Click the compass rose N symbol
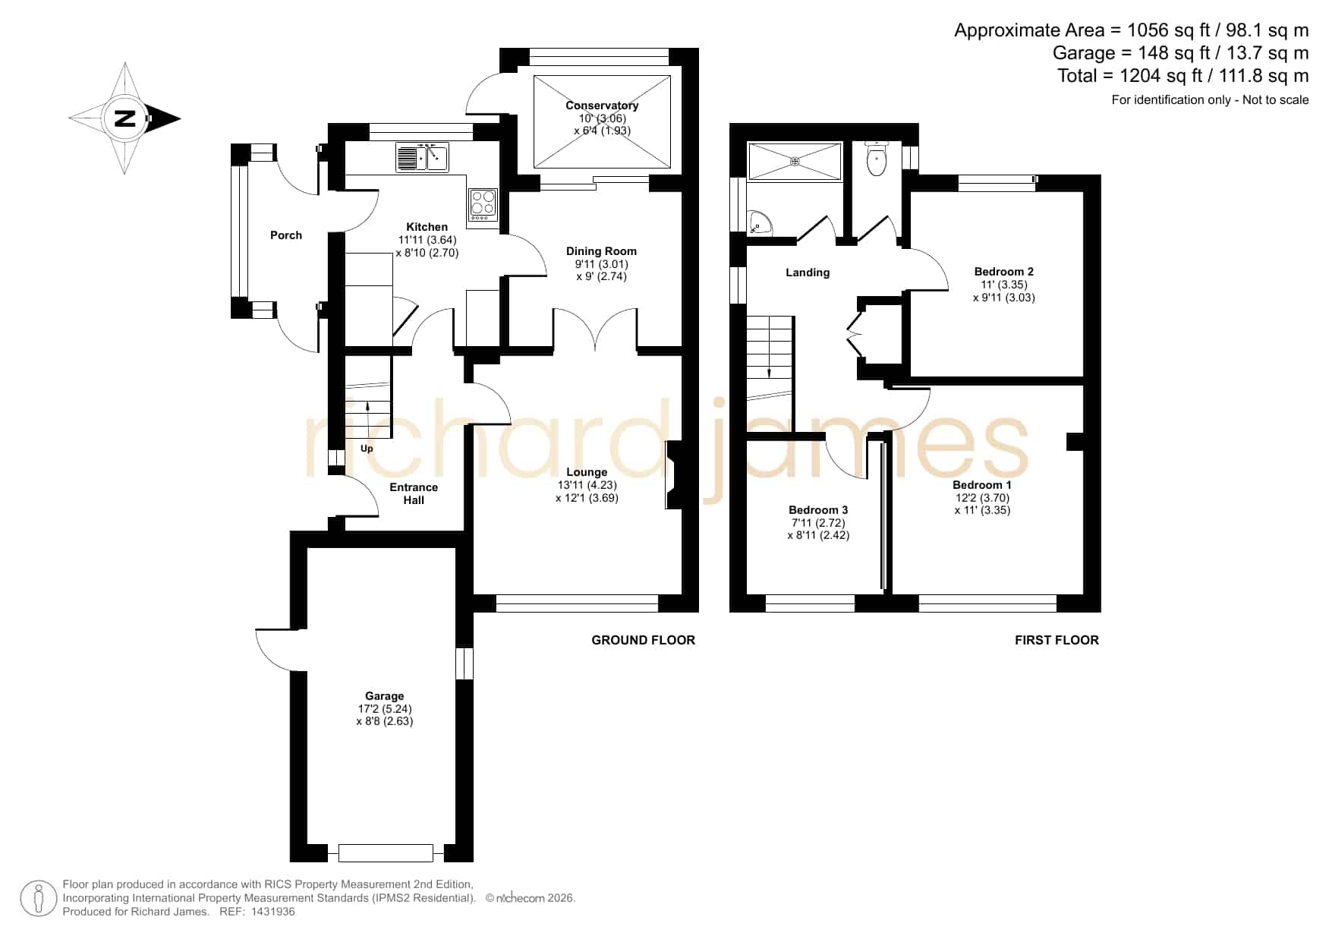coord(124,118)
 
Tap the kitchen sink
coord(422,157)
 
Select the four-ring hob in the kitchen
coord(483,205)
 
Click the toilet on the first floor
coord(876,158)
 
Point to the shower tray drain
coord(795,161)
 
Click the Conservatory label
coord(602,106)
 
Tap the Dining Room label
coord(601,251)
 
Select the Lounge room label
coord(587,472)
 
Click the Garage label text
coord(385,696)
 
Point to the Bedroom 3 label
coord(818,510)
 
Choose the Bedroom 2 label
coord(1004,272)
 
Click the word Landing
coord(808,273)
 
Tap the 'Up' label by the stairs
coord(367,449)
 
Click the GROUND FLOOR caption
coord(644,640)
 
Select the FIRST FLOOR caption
coord(1056,640)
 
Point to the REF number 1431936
coord(267,912)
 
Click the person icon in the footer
coord(39,898)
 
